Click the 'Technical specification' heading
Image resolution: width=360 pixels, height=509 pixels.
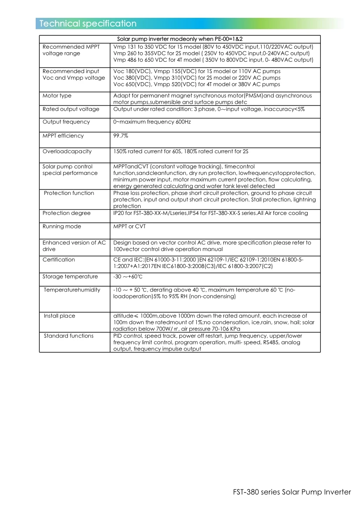pos(88,24)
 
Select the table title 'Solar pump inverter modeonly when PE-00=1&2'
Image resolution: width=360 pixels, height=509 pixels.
pos(180,39)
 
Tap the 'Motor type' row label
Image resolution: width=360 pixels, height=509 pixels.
pos(57,96)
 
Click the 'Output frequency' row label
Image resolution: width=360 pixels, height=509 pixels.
pos(66,122)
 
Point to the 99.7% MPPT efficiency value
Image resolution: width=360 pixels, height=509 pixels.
pos(121,136)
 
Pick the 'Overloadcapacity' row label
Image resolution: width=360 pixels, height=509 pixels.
pos(67,151)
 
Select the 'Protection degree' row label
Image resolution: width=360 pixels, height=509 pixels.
pos(67,213)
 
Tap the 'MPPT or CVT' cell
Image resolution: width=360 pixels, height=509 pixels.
pos(130,227)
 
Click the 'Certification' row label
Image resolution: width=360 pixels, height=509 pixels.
pos(59,260)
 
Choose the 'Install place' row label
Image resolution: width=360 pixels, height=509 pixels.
pos(60,316)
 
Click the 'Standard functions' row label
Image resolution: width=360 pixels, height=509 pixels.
pos(69,336)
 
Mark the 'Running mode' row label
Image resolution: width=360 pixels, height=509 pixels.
pos(62,227)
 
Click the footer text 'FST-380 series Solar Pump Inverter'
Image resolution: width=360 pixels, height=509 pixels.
pos(291,492)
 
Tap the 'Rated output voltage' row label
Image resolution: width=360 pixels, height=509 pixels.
pos(71,109)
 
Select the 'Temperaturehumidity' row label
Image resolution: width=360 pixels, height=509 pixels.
pos(72,290)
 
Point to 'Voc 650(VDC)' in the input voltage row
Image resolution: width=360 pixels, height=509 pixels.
pos(132,84)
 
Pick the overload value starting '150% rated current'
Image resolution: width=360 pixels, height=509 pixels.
pos(181,151)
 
